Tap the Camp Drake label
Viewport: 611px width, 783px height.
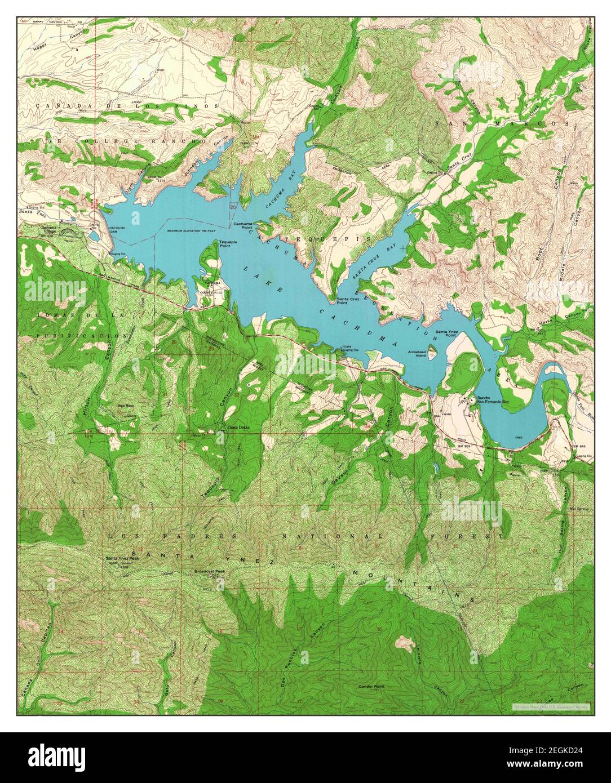tap(237, 428)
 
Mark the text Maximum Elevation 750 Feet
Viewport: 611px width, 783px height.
tap(192, 232)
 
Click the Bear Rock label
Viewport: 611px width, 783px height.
tap(125, 404)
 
